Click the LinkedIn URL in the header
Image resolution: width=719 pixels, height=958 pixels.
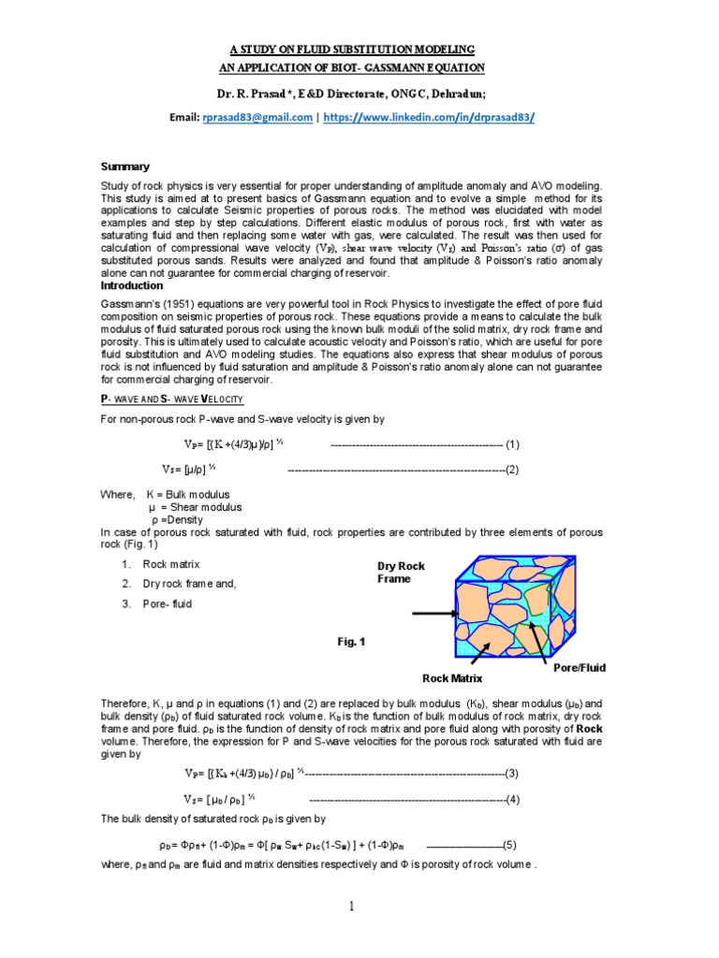tap(430, 117)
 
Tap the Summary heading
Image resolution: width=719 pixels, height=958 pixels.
tap(125, 167)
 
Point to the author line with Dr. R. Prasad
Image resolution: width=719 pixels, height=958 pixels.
tap(359, 94)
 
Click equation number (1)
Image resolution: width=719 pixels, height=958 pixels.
tap(512, 443)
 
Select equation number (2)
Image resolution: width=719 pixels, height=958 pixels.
tap(512, 469)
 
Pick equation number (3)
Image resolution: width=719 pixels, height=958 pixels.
tap(512, 773)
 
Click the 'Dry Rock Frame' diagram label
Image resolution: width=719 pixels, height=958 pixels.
tap(401, 573)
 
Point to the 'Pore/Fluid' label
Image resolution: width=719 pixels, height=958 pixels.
tap(580, 667)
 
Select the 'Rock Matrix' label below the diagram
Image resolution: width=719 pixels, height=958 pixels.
tap(451, 676)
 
